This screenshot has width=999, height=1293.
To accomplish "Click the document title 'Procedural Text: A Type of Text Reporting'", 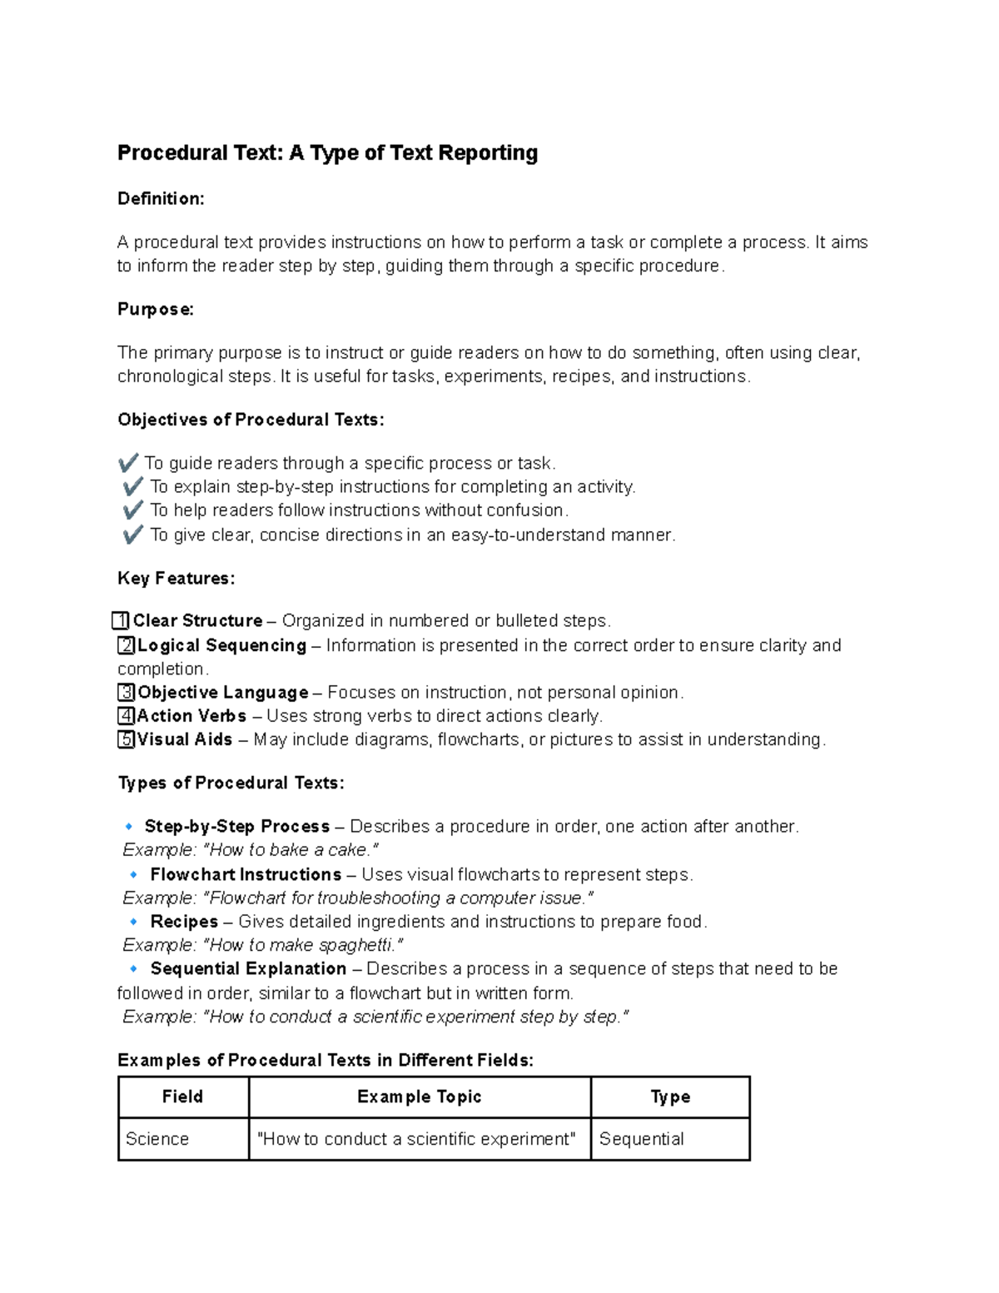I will coord(327,153).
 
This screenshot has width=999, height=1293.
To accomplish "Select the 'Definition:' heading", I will coord(161,199).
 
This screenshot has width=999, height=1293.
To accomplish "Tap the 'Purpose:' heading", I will coord(156,310).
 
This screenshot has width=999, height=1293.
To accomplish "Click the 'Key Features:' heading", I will coord(176,579).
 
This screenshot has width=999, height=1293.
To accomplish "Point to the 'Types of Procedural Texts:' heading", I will coord(231,783).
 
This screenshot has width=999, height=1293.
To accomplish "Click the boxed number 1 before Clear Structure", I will coord(121,621).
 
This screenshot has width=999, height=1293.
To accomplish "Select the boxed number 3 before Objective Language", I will coord(126,693).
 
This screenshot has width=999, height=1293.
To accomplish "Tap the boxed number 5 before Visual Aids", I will coord(126,739).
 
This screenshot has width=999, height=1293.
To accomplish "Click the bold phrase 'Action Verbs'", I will coord(191,716).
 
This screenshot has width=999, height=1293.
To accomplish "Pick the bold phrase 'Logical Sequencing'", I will coord(222,645).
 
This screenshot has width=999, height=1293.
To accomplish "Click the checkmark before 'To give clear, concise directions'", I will coord(132,535).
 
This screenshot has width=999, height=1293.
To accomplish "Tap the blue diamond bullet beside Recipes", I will coord(133,922).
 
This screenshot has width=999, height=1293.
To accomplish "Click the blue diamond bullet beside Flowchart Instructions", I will coord(133,875).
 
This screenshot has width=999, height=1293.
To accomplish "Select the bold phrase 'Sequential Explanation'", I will coord(248,969).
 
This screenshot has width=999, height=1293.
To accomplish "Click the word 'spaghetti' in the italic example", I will coord(358,946).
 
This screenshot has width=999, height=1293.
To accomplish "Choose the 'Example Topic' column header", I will coord(419,1097).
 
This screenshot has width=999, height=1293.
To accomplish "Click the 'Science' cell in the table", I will coord(157,1139).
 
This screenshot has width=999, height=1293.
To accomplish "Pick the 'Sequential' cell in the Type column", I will coord(641,1139).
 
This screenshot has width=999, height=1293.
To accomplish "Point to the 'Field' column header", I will coord(182,1097).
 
